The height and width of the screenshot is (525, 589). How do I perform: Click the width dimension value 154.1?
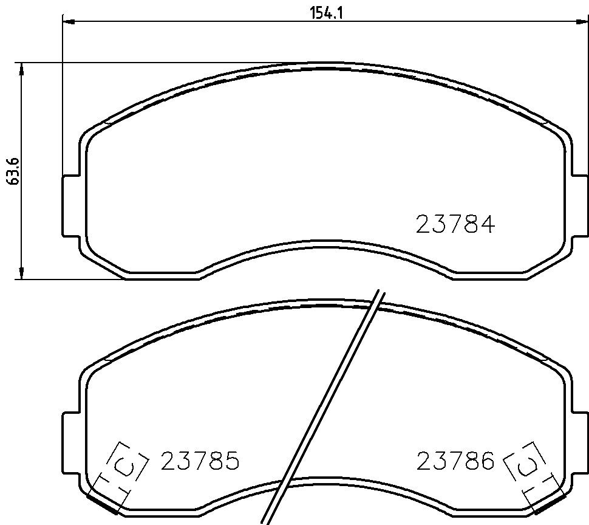coord(326,13)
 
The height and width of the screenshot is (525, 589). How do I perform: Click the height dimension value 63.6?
coord(14,171)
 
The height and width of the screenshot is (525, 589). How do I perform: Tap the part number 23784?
coord(455,224)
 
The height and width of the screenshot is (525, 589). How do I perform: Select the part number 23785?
coord(200,461)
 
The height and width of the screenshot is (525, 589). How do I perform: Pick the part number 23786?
coord(455,461)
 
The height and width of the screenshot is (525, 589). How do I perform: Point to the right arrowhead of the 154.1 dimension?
coord(582,21)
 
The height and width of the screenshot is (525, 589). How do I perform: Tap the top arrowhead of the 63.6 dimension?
coord(21,69)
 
